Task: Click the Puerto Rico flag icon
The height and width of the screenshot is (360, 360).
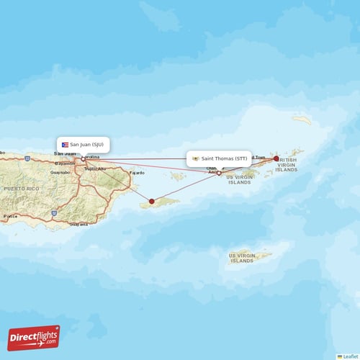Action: (65, 144)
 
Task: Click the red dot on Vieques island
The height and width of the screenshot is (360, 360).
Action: (151, 202)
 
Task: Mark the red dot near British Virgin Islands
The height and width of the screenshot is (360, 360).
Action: (276, 158)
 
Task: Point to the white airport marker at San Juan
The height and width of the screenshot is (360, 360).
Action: (83, 159)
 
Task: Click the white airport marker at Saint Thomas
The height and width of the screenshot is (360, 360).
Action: (219, 173)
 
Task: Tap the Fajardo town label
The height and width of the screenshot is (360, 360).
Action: (137, 173)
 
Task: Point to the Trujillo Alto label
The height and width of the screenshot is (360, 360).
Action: (96, 168)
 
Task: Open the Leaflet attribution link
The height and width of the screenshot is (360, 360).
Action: (349, 356)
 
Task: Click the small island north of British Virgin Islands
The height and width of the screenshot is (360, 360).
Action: (301, 120)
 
